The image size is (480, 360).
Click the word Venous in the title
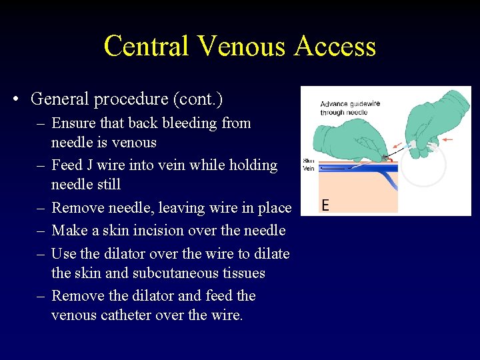click(241, 46)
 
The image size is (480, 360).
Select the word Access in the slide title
click(337, 46)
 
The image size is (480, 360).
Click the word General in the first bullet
click(58, 99)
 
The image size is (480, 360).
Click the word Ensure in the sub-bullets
click(73, 123)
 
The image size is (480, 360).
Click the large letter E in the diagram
click(325, 204)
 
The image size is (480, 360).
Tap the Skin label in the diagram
click(309, 161)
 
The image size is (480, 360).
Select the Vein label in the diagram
click(309, 168)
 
